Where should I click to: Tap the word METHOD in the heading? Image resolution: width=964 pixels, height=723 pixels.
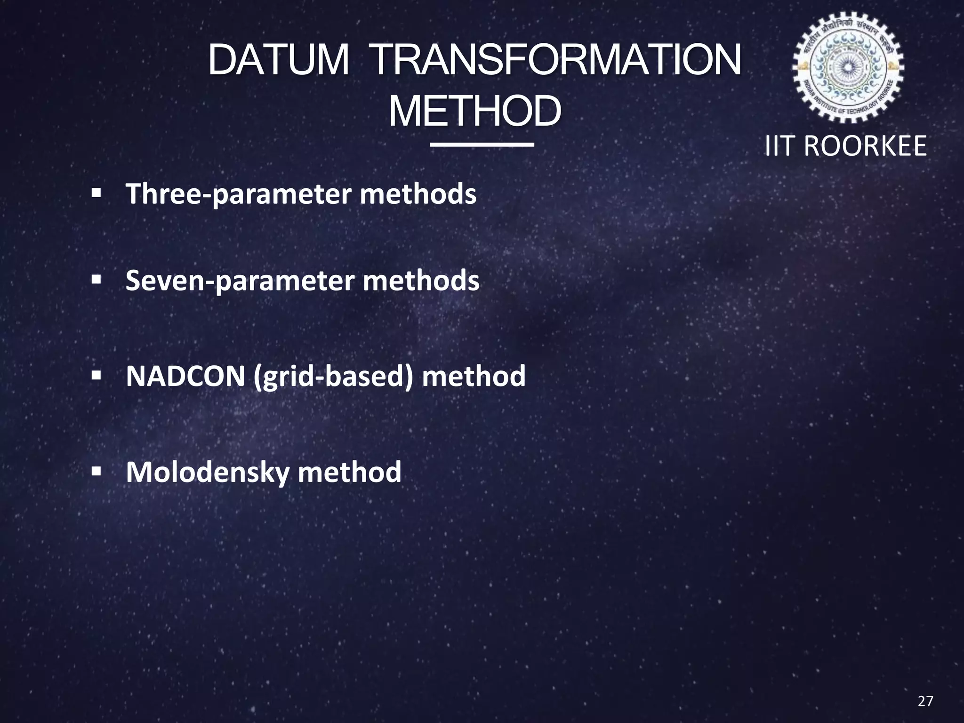(x=475, y=112)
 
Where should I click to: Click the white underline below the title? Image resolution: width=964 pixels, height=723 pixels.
(x=482, y=145)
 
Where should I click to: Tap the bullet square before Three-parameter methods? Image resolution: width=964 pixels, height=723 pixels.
(x=96, y=193)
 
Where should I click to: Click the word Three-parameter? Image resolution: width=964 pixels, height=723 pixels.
(x=238, y=194)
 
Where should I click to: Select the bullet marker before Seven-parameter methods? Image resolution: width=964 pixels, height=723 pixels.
(x=96, y=280)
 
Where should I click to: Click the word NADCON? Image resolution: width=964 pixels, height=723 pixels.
(x=185, y=376)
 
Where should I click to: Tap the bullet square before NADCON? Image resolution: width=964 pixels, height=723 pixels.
(x=96, y=376)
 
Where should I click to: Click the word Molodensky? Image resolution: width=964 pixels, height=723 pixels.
(x=207, y=473)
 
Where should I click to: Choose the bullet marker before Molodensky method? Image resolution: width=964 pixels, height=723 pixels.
(x=96, y=471)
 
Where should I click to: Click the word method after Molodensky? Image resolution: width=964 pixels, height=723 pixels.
(x=349, y=472)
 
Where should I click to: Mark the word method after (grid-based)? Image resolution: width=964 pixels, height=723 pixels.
(x=474, y=376)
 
